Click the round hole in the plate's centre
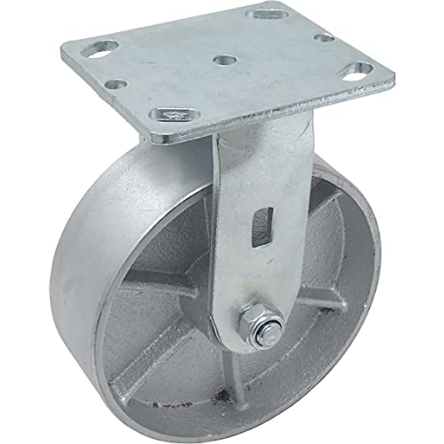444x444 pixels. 225,60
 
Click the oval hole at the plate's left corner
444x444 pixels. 100,49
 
